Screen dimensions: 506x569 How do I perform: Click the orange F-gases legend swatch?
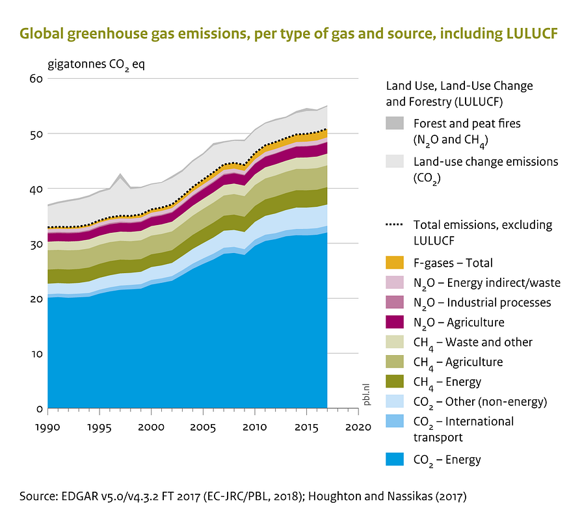click(x=395, y=263)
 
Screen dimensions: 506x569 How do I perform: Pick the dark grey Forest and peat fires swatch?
click(x=395, y=124)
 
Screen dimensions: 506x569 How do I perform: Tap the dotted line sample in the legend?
click(x=395, y=225)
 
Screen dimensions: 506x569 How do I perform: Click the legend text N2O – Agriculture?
click(x=458, y=323)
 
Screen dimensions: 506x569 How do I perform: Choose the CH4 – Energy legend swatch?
click(x=395, y=382)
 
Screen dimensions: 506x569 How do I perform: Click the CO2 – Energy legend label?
click(x=447, y=460)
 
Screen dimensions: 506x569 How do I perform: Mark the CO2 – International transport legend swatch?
click(x=395, y=421)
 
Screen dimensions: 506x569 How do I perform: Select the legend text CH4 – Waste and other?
click(x=473, y=342)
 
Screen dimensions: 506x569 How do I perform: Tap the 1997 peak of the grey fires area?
click(x=120, y=175)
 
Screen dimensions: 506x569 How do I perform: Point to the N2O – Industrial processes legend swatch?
click(x=395, y=302)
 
